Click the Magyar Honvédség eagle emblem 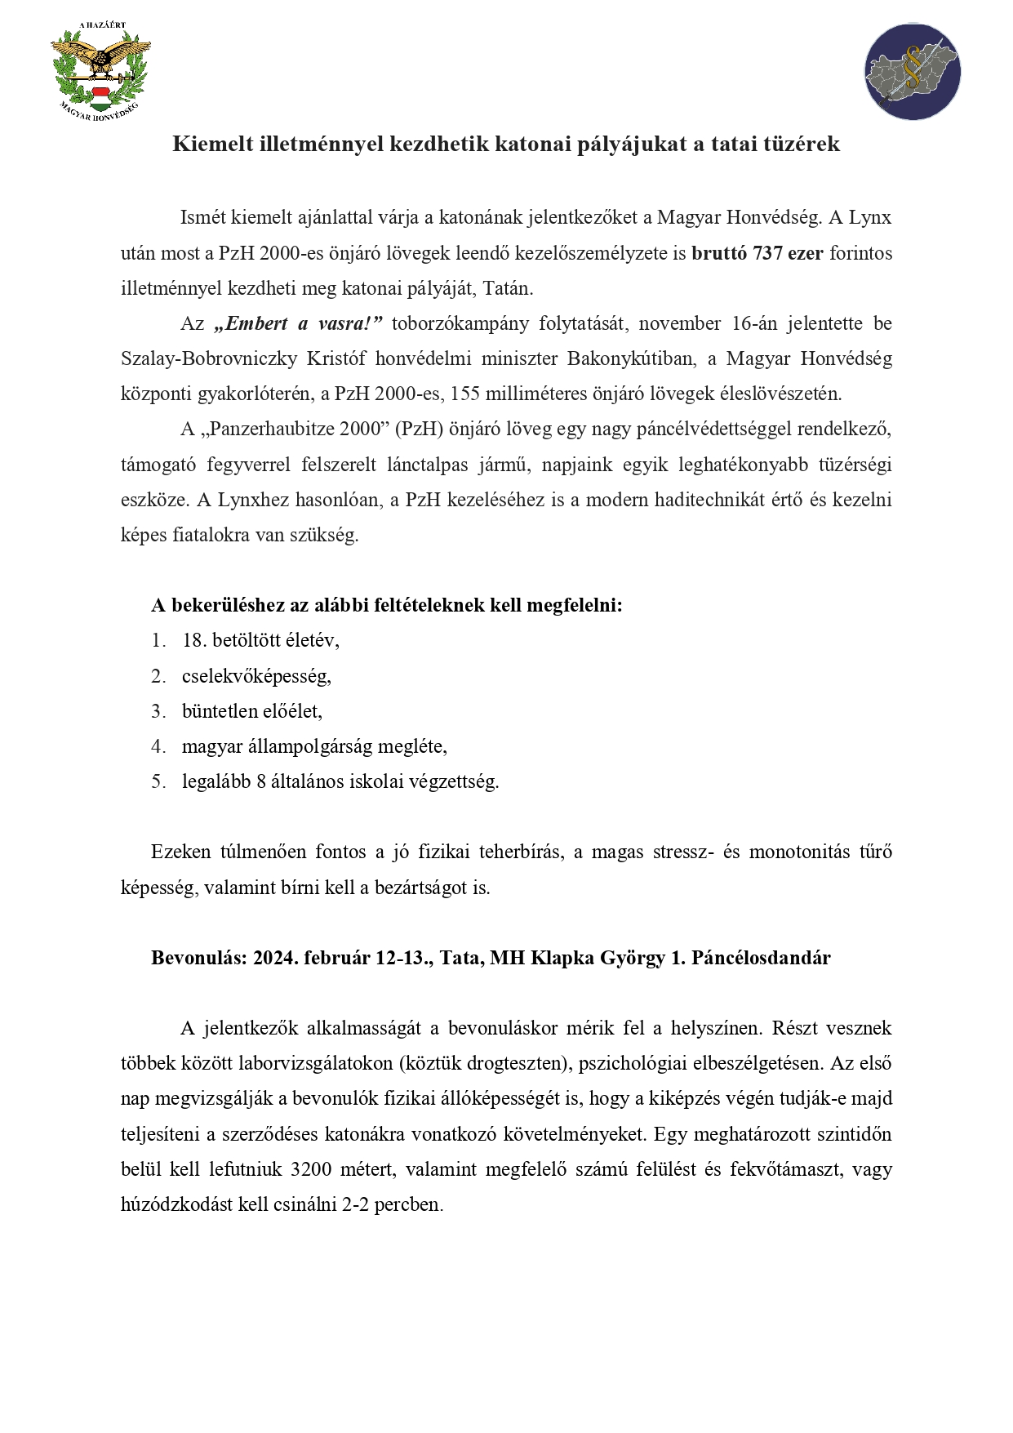pos(100,69)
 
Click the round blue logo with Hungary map pos(912,72)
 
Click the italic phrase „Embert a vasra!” pos(298,323)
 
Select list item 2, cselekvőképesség pos(256,676)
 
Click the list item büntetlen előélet pos(251,711)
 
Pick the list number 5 pos(158,781)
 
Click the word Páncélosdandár pos(761,958)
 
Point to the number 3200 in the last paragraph pos(310,1169)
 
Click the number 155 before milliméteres pos(464,394)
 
